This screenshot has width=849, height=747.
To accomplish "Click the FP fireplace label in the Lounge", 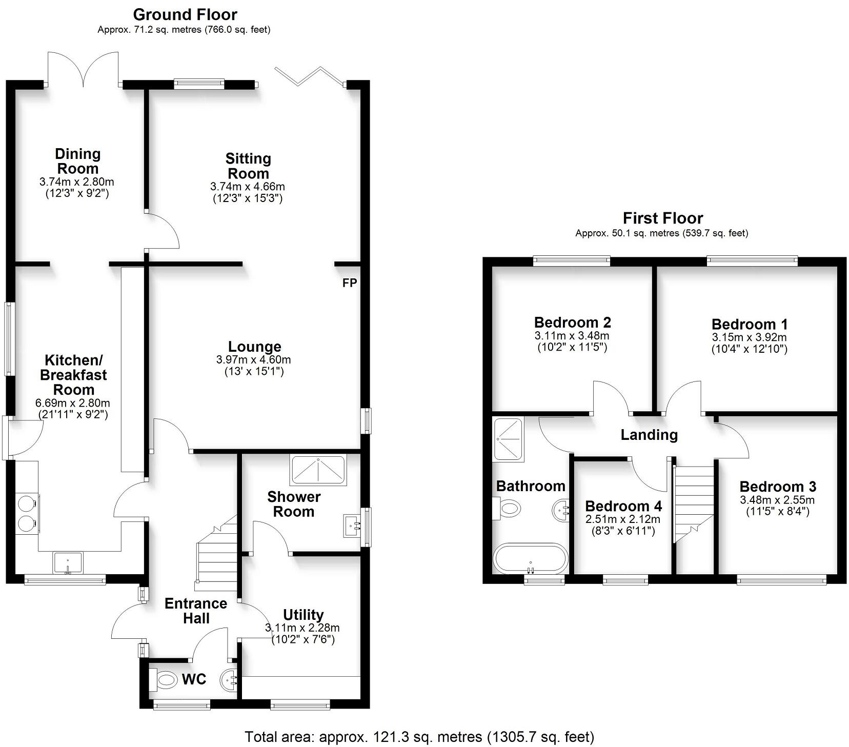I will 349,282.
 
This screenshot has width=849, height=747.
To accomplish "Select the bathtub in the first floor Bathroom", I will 530,558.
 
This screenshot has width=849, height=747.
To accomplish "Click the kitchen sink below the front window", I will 68,562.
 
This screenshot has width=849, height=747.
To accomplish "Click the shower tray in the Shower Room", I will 318,470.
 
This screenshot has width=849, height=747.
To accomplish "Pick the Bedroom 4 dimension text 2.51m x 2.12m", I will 623,519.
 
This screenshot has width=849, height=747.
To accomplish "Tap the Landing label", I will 649,435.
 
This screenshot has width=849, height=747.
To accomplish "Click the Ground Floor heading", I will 185,14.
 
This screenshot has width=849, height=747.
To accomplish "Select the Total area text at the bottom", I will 419,737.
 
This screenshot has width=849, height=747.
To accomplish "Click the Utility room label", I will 303,614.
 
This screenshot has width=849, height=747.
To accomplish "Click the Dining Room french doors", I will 83,69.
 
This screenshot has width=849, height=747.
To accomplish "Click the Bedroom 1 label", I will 749,324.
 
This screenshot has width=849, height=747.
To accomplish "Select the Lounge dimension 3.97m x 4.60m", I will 253,360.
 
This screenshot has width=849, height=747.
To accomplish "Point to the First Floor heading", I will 662,218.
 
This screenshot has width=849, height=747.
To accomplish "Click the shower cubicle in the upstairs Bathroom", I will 508,439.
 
